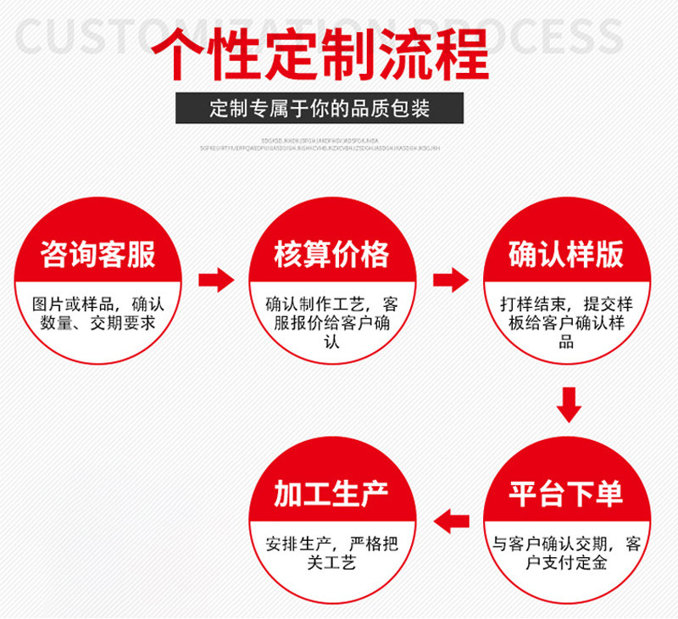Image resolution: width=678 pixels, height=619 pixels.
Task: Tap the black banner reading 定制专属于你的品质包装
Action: (320, 109)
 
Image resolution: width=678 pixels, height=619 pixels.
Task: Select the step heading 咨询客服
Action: (98, 254)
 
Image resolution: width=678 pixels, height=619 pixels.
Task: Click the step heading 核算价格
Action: (332, 254)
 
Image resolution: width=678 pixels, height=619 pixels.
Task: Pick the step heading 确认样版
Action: (566, 254)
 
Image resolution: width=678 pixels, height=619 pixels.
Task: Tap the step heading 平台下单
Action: (566, 494)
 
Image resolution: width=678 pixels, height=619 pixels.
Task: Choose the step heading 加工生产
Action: (332, 494)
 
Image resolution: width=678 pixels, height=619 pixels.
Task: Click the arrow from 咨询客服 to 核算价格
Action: (215, 279)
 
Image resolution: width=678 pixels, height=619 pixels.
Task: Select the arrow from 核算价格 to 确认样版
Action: (450, 279)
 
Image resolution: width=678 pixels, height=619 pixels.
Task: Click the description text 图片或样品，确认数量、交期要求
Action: (98, 313)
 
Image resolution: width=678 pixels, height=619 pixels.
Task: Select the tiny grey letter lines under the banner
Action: (320, 143)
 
